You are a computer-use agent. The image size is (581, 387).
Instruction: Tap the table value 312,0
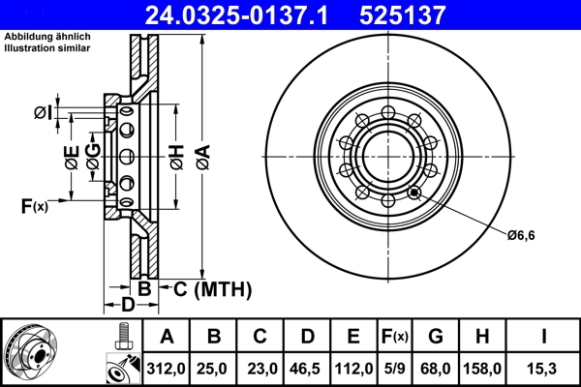[x=167, y=369]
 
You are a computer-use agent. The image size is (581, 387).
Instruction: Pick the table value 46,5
[x=307, y=369]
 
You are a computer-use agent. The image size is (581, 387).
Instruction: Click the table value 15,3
[x=542, y=369]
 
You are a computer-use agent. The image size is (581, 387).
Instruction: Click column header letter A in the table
[x=167, y=337]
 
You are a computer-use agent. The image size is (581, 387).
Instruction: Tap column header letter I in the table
[x=542, y=337]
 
